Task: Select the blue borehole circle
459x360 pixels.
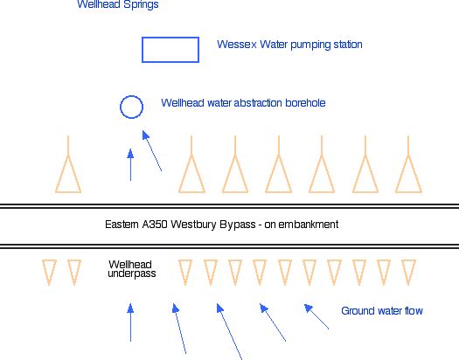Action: tap(120, 107)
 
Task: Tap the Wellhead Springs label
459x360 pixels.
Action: tap(118, 4)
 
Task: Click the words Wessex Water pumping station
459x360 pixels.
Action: tap(289, 45)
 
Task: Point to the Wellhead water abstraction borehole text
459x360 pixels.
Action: tap(243, 103)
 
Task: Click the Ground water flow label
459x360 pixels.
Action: tap(382, 310)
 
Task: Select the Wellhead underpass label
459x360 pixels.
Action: tap(131, 269)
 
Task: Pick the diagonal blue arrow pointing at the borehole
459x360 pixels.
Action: tap(152, 151)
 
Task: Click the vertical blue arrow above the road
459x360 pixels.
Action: tap(130, 165)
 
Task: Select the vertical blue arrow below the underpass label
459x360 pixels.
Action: tap(130, 322)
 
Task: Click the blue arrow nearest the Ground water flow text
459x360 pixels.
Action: tap(316, 316)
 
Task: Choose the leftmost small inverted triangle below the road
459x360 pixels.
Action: tap(49, 273)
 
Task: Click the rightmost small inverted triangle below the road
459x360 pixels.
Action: tap(408, 273)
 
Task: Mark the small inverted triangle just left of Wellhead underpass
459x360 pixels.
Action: tap(74, 273)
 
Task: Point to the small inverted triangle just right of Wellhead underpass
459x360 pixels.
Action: tap(185, 273)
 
